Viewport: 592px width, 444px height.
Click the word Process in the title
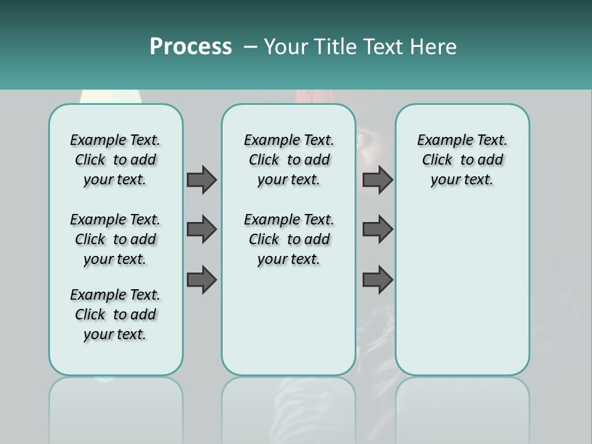coord(191,46)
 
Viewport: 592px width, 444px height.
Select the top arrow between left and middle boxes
coord(201,179)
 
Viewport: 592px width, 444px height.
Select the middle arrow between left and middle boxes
coord(201,229)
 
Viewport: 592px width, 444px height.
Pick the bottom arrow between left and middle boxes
coord(201,280)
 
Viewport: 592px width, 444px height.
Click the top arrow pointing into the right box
coord(377,179)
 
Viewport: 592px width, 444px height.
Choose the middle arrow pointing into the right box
coord(377,229)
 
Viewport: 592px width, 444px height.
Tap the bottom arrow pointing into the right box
coord(377,280)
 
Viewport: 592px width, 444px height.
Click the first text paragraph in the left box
coord(115,160)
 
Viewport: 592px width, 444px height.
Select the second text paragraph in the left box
coord(115,239)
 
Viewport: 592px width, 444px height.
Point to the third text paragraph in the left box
coord(115,314)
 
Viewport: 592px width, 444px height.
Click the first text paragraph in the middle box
coord(289,160)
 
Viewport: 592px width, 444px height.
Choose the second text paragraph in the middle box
coord(289,239)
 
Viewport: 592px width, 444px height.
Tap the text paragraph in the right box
coord(462,160)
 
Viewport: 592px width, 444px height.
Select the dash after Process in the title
coord(250,47)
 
